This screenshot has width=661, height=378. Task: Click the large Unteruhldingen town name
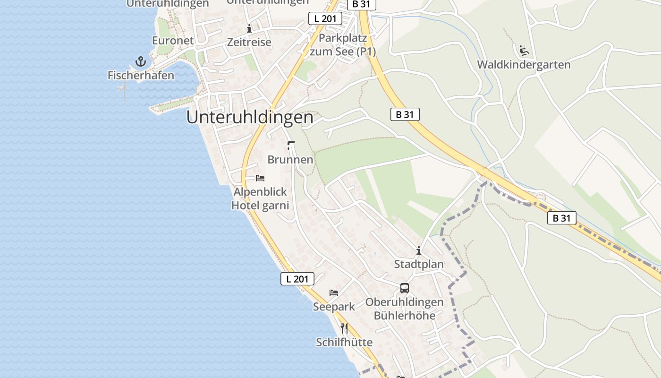point(250,118)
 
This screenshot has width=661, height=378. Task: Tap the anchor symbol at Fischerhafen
point(140,61)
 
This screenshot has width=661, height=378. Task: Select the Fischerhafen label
point(141,75)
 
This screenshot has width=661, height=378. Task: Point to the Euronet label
point(173,41)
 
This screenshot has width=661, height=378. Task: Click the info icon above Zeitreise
point(249,29)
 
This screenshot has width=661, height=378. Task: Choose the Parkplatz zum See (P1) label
point(343,45)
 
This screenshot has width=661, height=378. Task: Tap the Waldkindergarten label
point(524,65)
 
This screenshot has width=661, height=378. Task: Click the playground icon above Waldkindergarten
point(524,50)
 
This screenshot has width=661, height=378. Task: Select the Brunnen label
point(290,160)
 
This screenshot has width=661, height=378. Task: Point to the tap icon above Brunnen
point(290,145)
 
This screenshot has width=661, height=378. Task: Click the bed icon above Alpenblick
point(260,178)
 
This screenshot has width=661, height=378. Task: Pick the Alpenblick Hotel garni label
point(260,199)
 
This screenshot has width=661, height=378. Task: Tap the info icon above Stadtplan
point(419,250)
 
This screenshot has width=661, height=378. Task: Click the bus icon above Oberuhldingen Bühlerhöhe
point(405,288)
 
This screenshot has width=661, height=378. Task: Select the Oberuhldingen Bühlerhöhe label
point(405,309)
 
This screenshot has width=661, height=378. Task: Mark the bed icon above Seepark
point(334,293)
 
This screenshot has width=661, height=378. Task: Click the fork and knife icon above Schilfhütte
point(344,328)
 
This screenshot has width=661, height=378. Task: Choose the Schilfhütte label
point(344,342)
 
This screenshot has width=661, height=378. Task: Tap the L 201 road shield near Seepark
point(297,279)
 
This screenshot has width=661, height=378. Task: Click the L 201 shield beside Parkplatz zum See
point(325,19)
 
